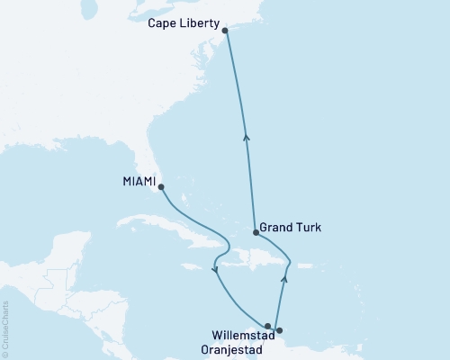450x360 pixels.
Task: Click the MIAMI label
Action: pos(138,182)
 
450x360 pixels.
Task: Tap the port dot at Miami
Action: pos(161,187)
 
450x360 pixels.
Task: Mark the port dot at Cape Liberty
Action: pos(225,31)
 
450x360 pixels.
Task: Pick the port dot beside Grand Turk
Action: pos(256,233)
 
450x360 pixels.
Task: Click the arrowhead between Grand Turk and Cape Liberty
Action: pos(247,138)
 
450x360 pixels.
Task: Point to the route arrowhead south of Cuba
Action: pos(214,270)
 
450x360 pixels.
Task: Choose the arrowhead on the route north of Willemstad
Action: pos(284,279)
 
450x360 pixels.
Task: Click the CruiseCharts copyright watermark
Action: pos(6,328)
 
